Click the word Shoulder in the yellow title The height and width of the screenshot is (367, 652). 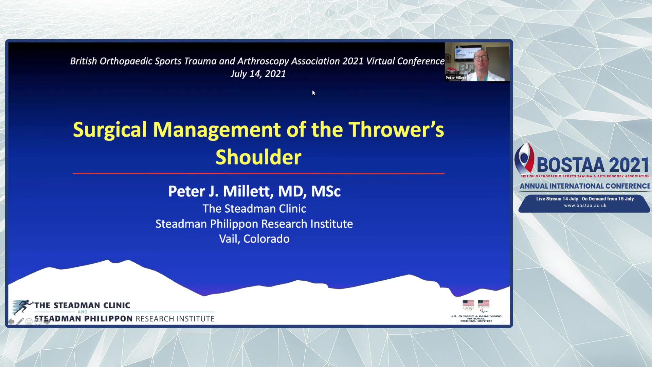click(258, 157)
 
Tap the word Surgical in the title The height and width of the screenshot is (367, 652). click(110, 130)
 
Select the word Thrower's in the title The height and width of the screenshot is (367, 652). click(396, 129)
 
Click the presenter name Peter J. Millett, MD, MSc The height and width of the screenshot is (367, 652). click(254, 191)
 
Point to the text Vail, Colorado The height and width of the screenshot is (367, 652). click(254, 239)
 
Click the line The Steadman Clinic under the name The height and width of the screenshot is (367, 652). click(254, 209)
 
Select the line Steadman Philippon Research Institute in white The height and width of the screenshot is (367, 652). click(254, 224)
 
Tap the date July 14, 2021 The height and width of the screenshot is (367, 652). click(258, 74)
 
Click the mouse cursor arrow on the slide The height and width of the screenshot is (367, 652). click(314, 93)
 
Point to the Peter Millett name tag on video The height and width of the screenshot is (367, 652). click(456, 78)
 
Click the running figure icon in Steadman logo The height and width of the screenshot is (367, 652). click(22, 307)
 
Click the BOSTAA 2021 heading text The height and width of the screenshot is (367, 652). click(593, 165)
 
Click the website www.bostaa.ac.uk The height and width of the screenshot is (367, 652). click(585, 206)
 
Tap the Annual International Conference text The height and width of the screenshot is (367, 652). click(585, 186)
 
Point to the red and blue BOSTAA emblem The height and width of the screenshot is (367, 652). click(524, 158)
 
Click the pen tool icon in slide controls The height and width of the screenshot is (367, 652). click(20, 321)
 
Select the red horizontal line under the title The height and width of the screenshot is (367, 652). click(258, 173)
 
